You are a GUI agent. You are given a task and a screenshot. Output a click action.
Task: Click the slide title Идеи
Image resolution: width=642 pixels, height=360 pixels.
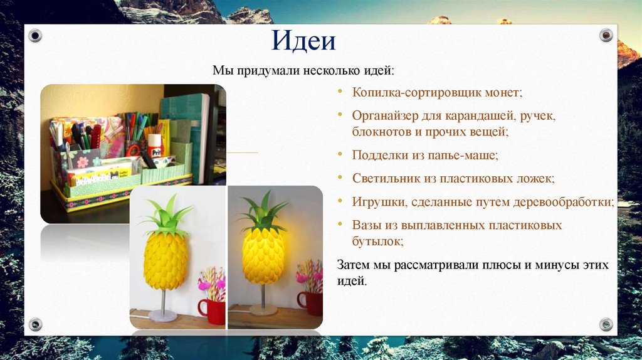pos(303,41)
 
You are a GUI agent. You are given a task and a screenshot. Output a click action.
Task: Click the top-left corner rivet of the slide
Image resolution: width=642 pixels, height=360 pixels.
pos(35,36)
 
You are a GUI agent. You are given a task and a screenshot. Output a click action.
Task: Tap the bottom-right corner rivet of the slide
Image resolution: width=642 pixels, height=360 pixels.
pos(606,324)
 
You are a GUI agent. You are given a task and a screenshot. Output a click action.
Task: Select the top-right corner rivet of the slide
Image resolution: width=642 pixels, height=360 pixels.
pos(606,35)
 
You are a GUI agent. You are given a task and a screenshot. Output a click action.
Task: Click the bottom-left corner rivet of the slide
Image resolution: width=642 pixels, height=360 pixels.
pos(35,324)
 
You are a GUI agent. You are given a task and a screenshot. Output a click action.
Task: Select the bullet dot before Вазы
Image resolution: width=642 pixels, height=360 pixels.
pos(340,224)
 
